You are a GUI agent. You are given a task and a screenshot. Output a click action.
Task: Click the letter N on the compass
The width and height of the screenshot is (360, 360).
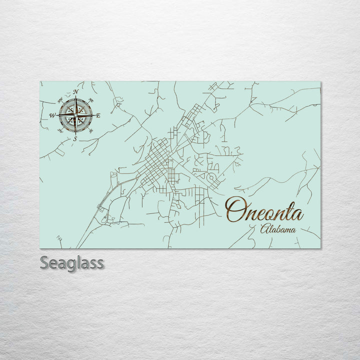pos(75,92)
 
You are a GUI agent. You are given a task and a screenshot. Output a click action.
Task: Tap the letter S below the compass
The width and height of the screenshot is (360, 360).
pos(75,138)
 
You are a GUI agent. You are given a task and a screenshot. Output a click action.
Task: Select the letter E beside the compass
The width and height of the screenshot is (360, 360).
pos(98,115)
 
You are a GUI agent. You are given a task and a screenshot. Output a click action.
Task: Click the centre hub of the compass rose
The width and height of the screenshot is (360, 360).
pos(75,115)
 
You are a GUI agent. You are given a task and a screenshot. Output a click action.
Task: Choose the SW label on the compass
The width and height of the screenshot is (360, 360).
pos(60,131)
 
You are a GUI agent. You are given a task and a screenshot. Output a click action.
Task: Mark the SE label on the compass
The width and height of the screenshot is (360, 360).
pos(90,131)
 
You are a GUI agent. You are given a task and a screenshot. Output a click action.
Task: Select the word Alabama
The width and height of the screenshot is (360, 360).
pos(277,229)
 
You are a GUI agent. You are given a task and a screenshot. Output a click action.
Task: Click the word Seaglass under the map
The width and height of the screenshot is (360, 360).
pos(71,263)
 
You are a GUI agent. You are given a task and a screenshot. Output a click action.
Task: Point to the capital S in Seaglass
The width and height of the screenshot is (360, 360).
pos(45,263)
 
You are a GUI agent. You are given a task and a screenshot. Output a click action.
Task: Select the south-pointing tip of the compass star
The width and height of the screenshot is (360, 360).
pos(75,134)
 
